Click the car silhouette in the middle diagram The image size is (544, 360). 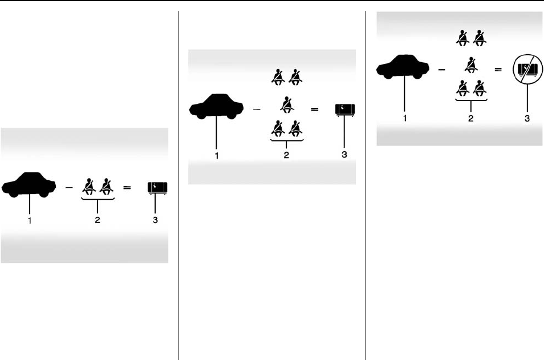click(x=216, y=108)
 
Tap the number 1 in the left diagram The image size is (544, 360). click(x=29, y=220)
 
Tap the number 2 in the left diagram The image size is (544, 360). click(x=98, y=220)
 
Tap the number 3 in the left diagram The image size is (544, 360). click(x=156, y=220)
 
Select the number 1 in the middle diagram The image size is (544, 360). click(x=216, y=154)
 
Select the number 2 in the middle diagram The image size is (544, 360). click(x=287, y=154)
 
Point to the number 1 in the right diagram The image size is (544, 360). click(x=404, y=118)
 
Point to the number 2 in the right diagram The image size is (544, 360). click(x=470, y=118)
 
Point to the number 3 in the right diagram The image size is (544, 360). click(x=526, y=118)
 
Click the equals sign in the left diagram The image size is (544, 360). click(x=128, y=187)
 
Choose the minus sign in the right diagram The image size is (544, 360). click(x=441, y=70)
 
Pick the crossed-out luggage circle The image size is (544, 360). click(x=526, y=70)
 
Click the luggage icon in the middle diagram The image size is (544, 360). click(x=346, y=109)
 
